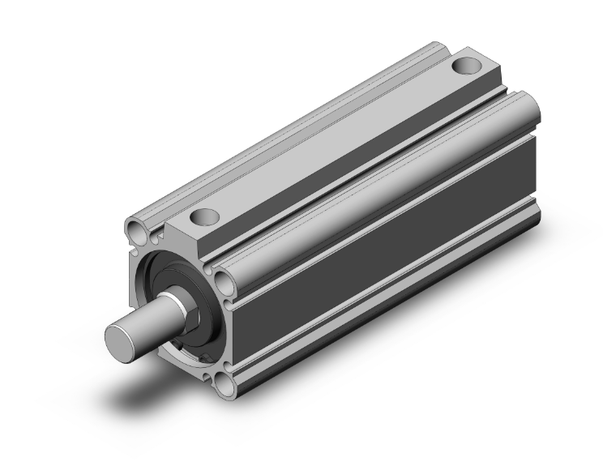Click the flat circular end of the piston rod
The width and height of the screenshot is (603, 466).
(x=123, y=338)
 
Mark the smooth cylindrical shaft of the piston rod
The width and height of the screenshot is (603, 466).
(x=154, y=323)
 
